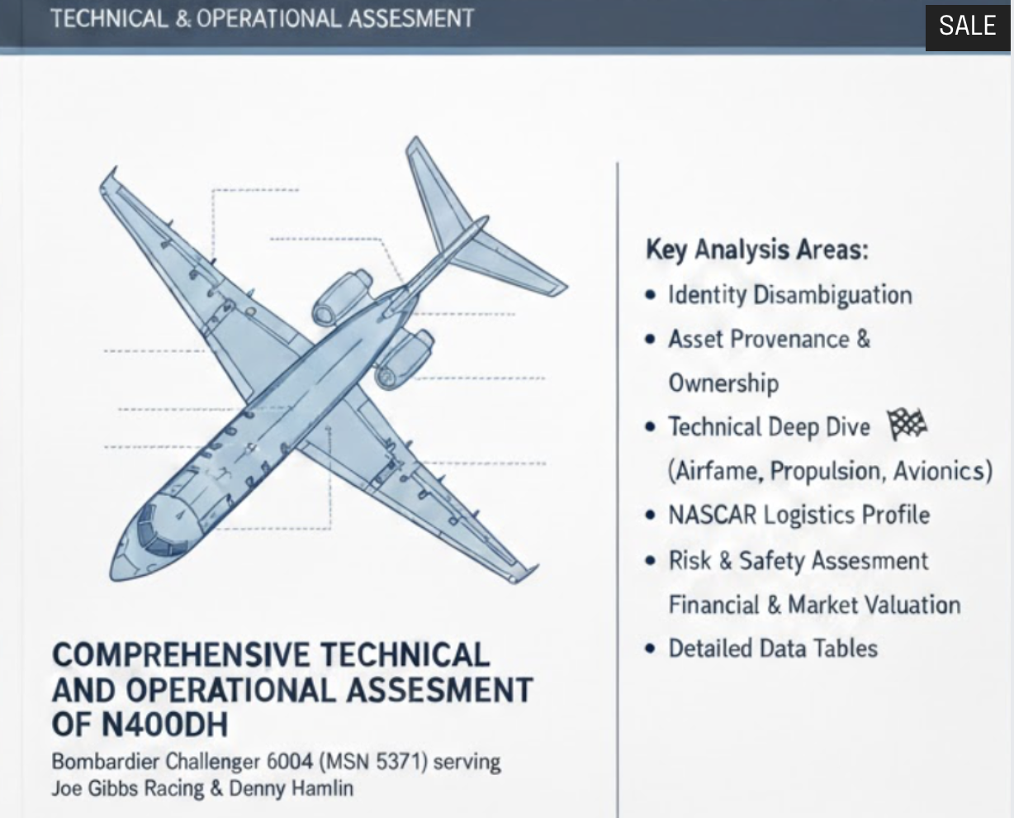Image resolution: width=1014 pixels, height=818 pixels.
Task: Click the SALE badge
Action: [968, 26]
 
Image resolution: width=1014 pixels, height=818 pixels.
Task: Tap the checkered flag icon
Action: [906, 425]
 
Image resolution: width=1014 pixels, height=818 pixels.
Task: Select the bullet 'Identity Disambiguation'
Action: [789, 295]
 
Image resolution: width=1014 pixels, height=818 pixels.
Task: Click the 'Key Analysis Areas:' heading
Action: [756, 249]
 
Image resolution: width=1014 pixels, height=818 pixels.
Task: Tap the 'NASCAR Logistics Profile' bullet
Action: [798, 515]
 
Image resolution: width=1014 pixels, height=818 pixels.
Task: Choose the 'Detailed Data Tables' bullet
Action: [772, 648]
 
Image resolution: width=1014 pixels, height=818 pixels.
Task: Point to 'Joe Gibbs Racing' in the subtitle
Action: [128, 787]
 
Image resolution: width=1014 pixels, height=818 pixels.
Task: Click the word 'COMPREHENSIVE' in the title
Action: [181, 655]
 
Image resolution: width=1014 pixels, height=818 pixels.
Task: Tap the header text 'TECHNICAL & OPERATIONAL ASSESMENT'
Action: [263, 18]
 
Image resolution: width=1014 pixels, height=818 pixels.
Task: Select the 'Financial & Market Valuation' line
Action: [814, 604]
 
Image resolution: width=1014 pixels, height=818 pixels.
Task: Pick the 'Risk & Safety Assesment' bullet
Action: [798, 560]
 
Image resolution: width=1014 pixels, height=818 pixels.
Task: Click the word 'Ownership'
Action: [723, 383]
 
